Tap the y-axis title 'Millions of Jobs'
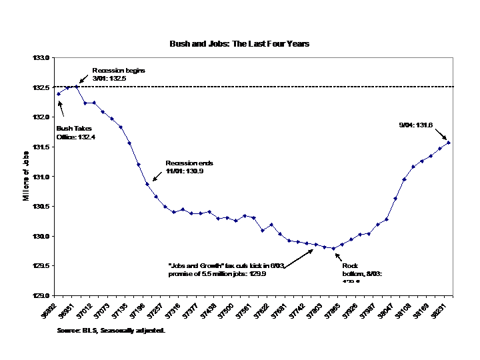[25, 177]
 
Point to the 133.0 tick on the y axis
[42, 58]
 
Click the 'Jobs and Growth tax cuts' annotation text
[227, 269]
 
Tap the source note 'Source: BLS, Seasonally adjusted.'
[111, 330]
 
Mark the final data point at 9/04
[449, 142]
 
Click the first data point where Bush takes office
[59, 94]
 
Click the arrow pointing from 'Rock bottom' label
[339, 254]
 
